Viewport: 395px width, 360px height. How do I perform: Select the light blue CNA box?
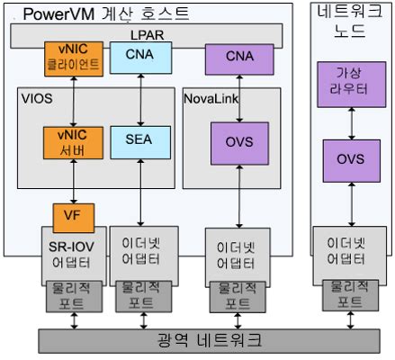(137, 57)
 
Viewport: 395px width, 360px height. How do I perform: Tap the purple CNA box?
(238, 57)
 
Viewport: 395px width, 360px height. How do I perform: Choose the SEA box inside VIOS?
(136, 139)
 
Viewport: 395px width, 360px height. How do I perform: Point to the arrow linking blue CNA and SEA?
(137, 99)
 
